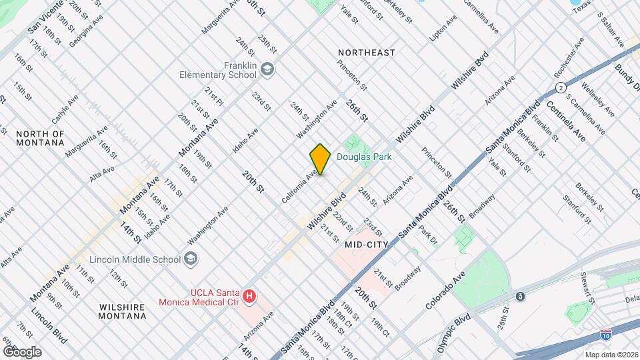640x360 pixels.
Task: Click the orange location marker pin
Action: (320, 159)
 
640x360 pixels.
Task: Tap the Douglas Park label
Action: (363, 157)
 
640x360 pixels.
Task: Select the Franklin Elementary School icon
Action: (267, 69)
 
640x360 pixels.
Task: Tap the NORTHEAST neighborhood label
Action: (366, 52)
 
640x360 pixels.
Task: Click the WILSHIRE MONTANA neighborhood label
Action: (123, 311)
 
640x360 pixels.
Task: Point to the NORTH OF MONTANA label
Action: (40, 138)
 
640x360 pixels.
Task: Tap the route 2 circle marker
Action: (561, 87)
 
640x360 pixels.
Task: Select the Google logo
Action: (21, 351)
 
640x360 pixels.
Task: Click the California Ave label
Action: (299, 189)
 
